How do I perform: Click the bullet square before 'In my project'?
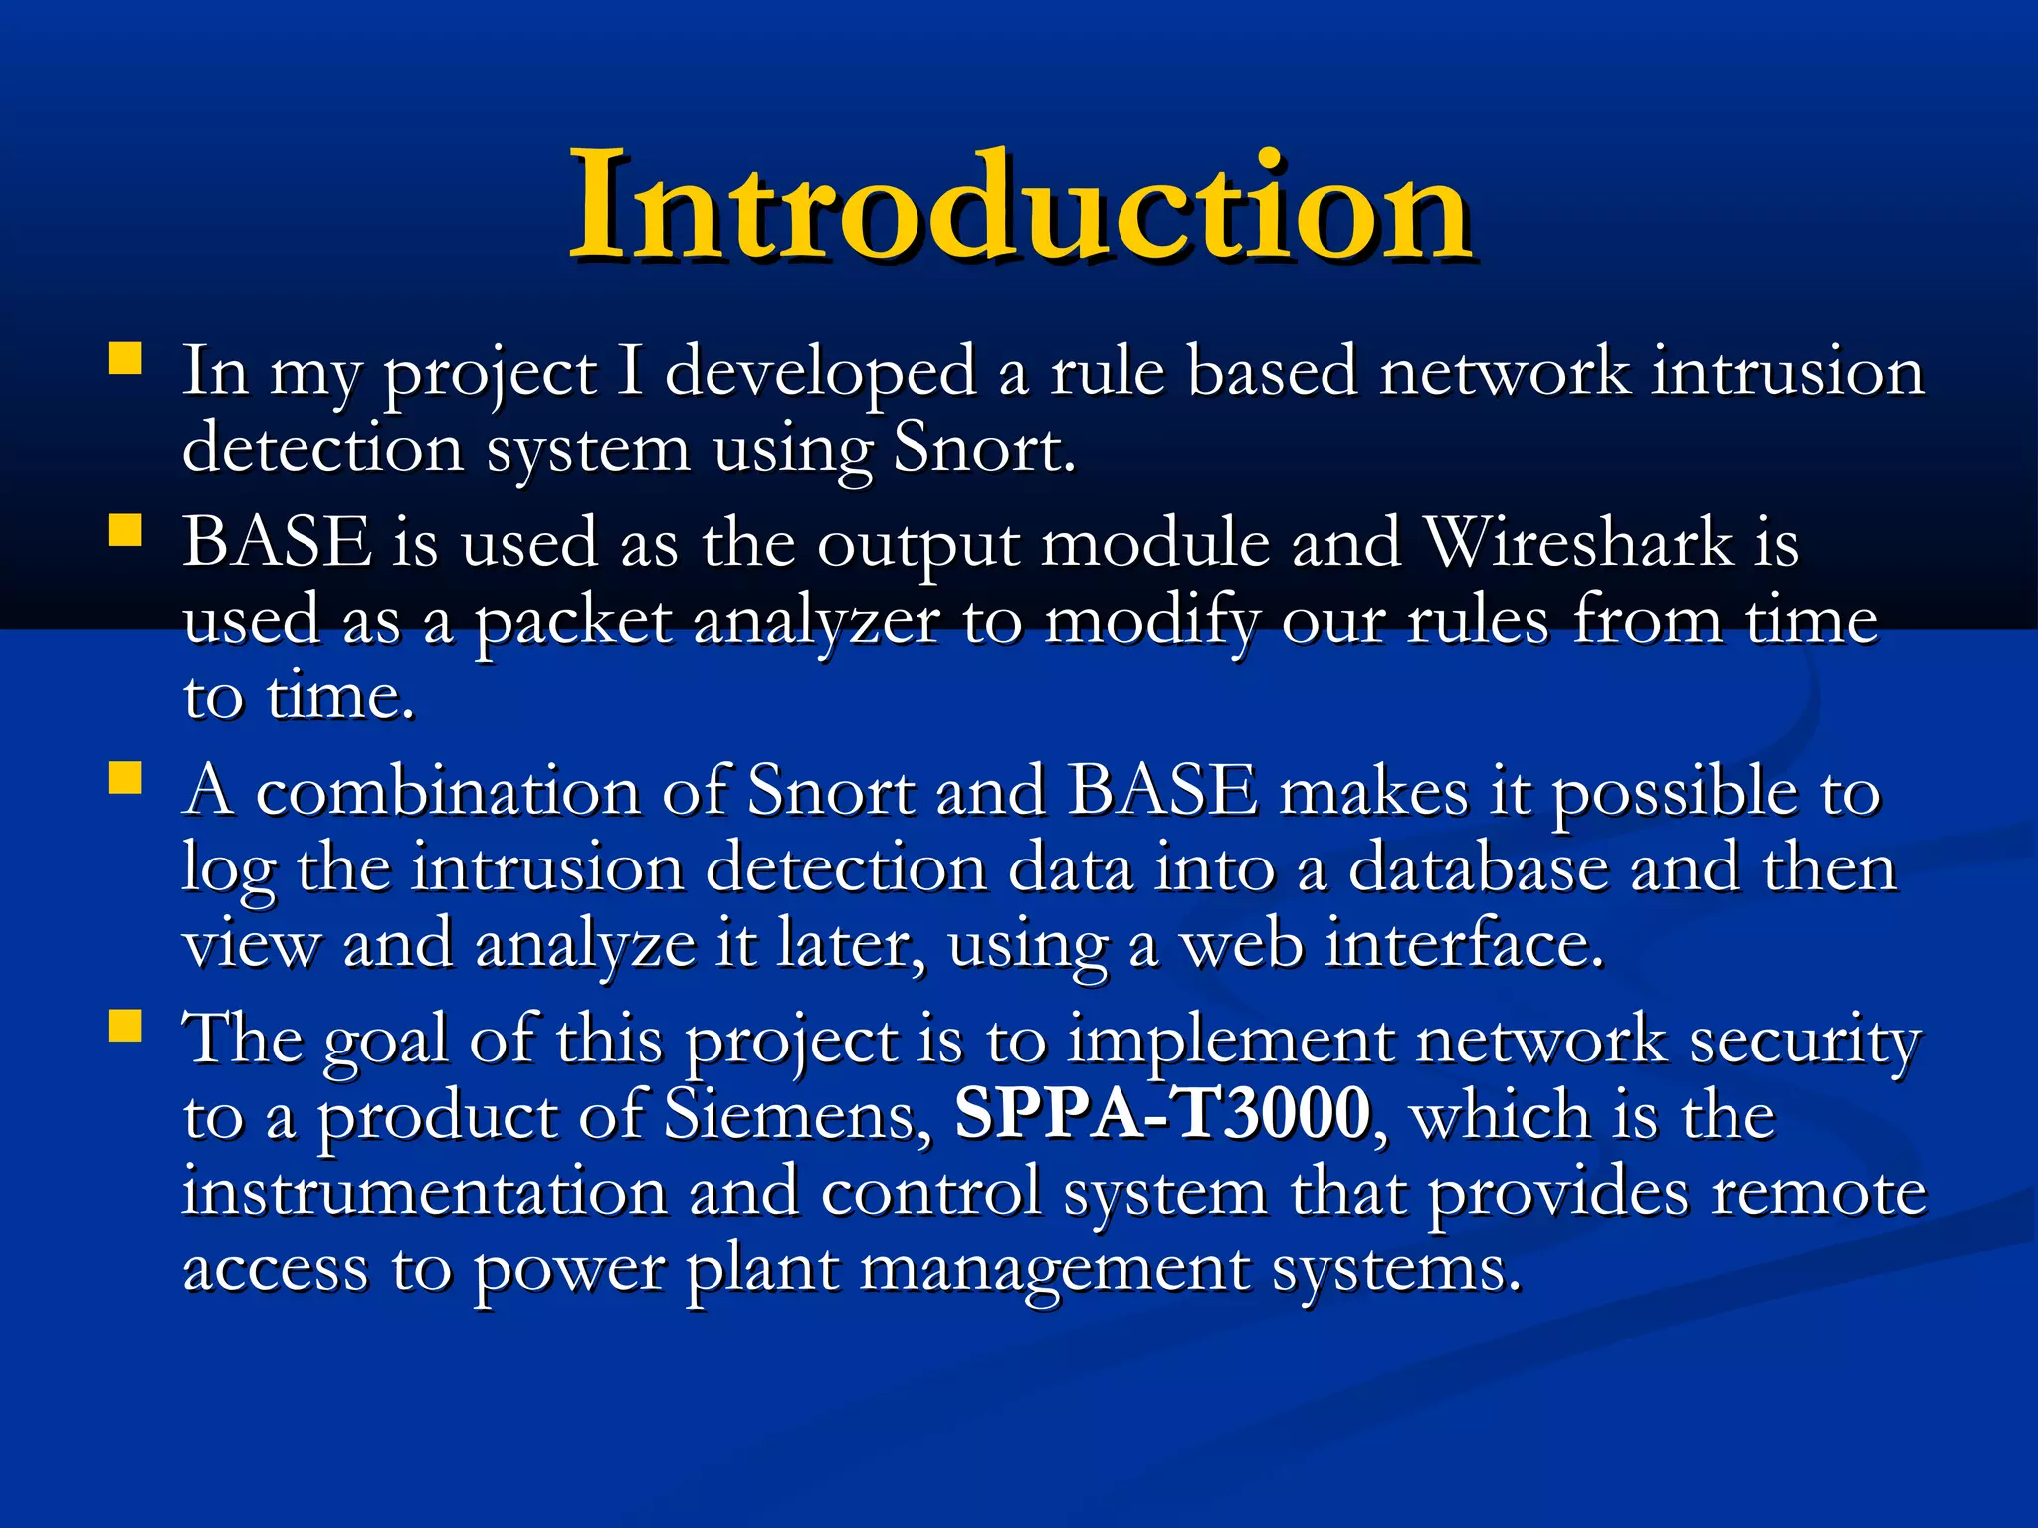tap(125, 359)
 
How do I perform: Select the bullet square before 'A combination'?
tap(125, 778)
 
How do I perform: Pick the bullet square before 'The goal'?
tap(125, 1026)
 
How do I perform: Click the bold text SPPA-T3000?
tap(1162, 1114)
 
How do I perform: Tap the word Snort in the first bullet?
tap(980, 449)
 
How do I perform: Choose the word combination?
tap(448, 793)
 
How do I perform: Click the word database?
tap(1477, 868)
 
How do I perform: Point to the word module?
tap(1154, 544)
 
